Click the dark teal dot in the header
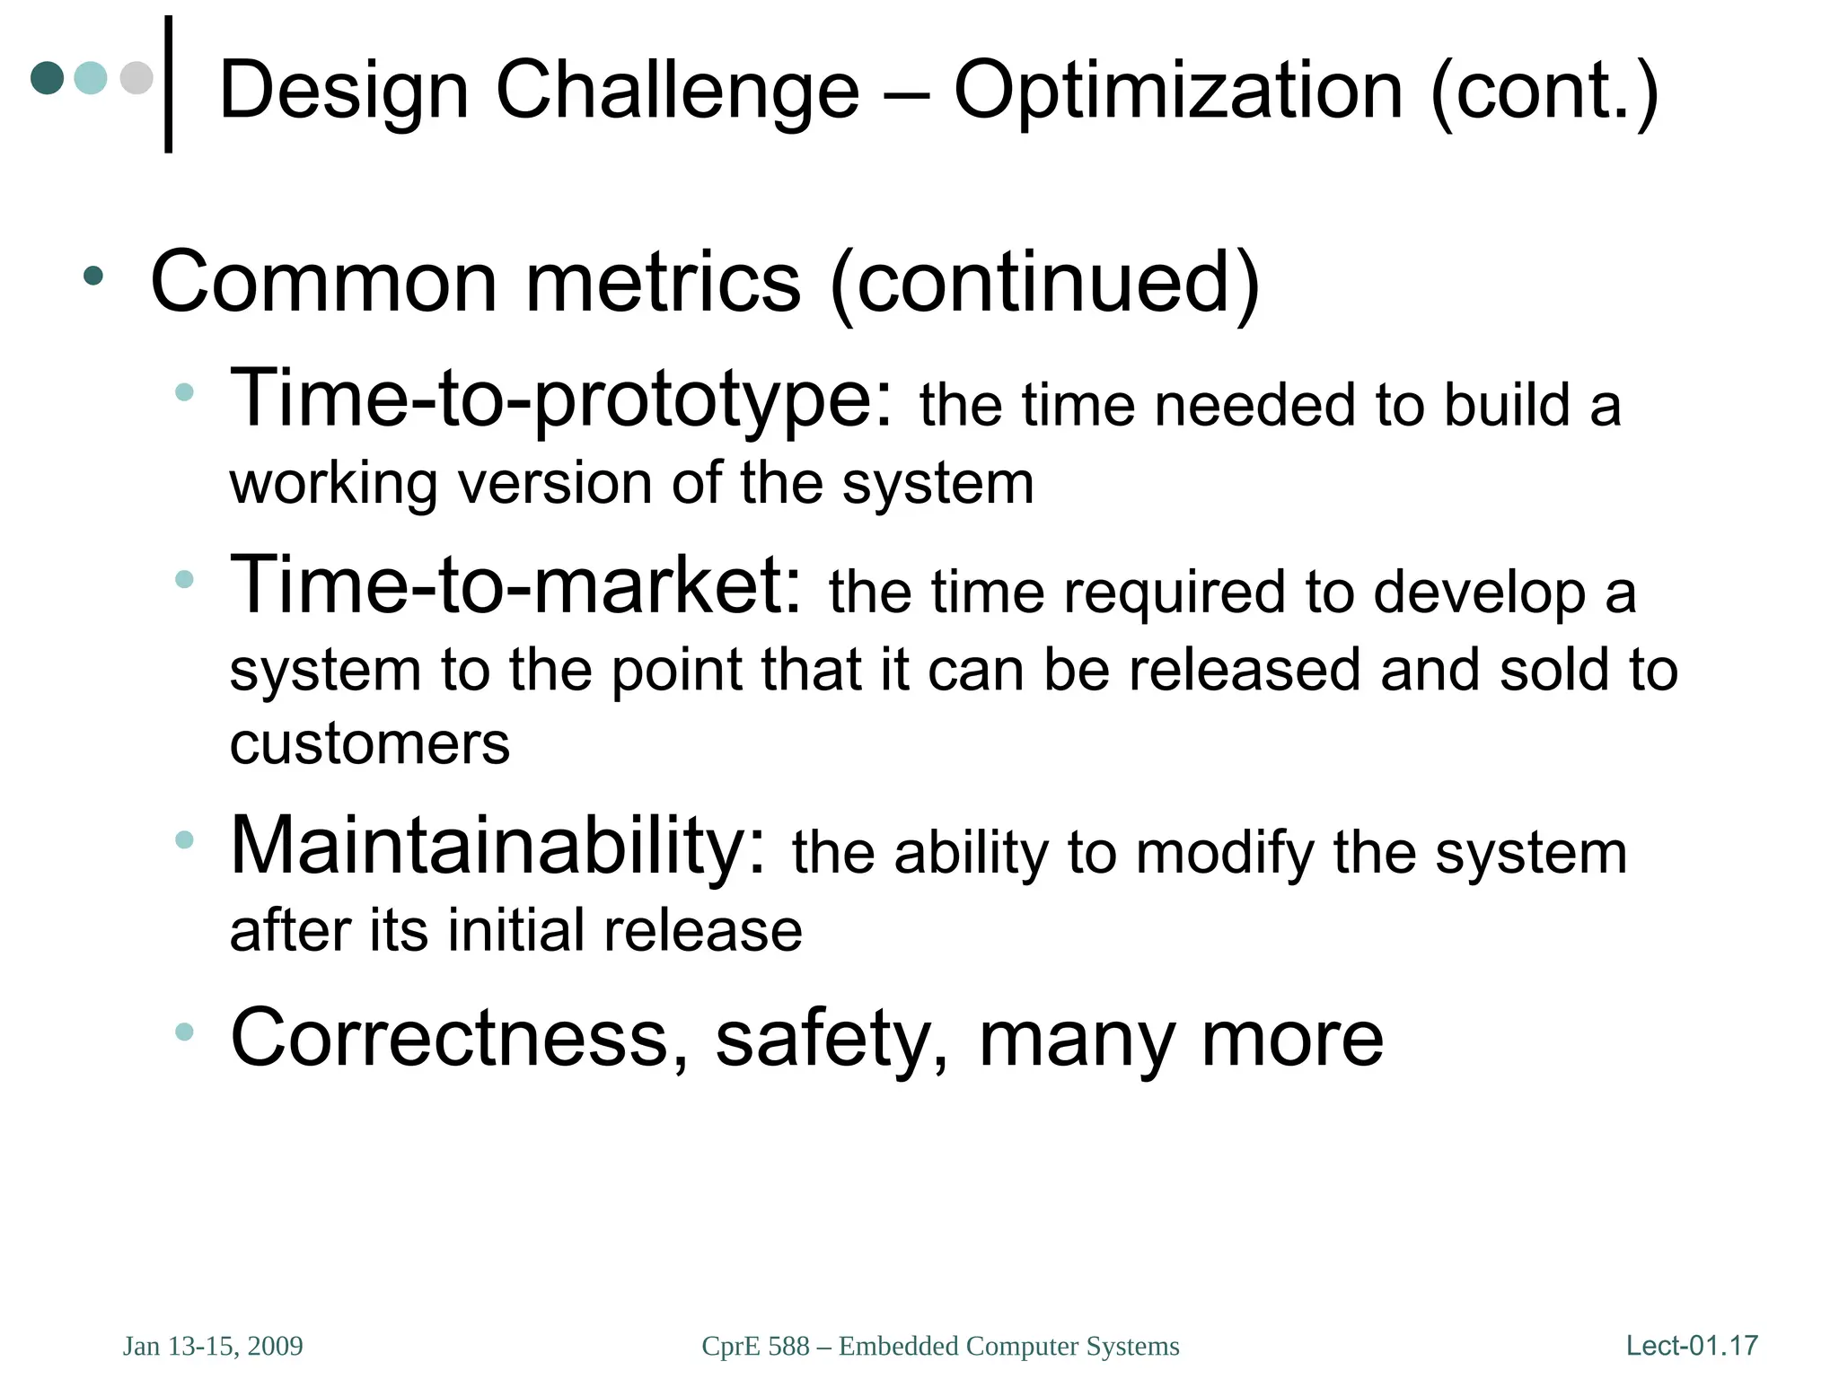tap(47, 78)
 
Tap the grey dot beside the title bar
tap(136, 78)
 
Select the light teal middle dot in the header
tap(91, 78)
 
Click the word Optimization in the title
tap(1177, 90)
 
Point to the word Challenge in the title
tap(677, 90)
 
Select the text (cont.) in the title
tap(1544, 90)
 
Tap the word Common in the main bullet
tap(322, 282)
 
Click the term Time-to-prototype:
tap(561, 400)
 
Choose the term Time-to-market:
tap(515, 585)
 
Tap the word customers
tap(369, 744)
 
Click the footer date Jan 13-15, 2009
tap(213, 1346)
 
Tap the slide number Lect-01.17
tap(1692, 1345)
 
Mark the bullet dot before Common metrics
tap(93, 276)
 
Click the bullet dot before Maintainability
tap(184, 840)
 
